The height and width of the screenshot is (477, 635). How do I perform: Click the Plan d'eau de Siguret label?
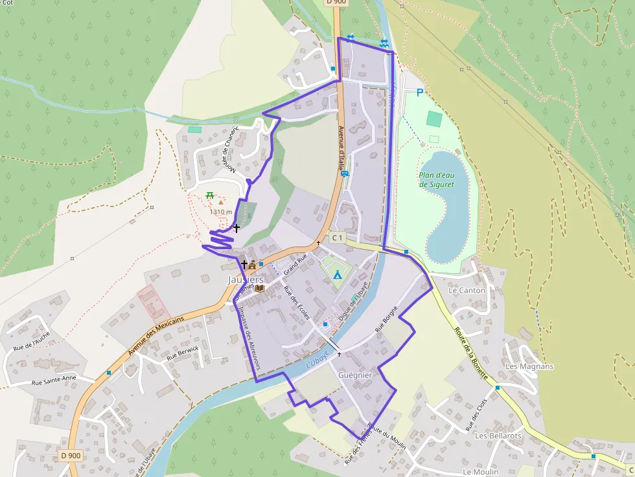pos(436,179)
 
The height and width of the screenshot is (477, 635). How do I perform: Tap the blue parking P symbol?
pos(419,93)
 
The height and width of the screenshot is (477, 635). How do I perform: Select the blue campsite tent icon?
pos(337,274)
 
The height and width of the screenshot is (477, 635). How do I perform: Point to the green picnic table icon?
pos(210,195)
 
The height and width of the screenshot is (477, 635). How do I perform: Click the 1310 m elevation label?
pos(221,212)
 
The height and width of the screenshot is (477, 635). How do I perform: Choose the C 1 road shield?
pos(336,238)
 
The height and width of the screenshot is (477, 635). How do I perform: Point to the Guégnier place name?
pos(355,375)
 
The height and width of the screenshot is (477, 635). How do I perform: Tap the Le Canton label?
pos(467,291)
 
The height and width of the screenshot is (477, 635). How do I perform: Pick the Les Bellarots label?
pos(498,436)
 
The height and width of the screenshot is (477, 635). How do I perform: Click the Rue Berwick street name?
pos(183,353)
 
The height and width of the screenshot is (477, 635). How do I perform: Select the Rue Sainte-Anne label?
pos(54,380)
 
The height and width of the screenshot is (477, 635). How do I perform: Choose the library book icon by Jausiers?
pos(259,287)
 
